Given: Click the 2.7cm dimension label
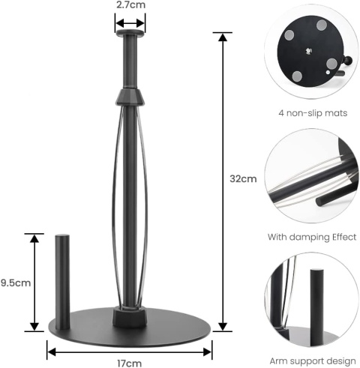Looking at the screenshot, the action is point(130,4).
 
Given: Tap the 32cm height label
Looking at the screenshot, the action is point(243,179).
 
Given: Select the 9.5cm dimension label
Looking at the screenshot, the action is point(16,283).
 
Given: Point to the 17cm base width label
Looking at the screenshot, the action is point(129,363).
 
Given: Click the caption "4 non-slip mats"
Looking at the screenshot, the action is point(313,113).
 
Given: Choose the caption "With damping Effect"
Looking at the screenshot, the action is point(312,237).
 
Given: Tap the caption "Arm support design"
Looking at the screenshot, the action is point(313,361).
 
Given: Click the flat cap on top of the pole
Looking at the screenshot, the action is point(130,32).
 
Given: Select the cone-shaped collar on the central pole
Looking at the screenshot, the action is point(130,97).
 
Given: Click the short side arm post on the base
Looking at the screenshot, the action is point(62,282).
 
